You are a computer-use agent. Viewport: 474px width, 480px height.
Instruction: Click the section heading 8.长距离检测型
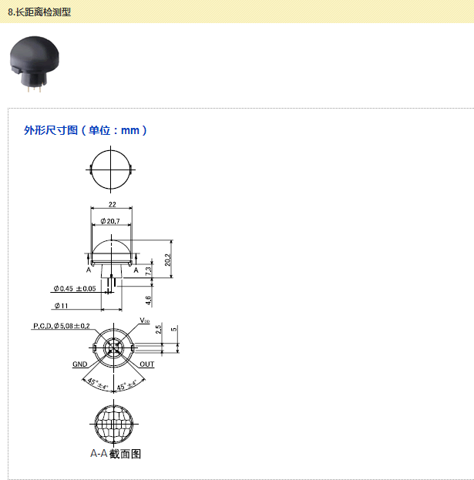pos(39,12)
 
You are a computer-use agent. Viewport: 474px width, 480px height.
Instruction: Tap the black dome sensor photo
pos(34,64)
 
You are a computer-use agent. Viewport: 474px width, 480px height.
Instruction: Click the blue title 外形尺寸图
pos(51,130)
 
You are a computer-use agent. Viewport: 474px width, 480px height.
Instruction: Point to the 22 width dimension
pos(113,204)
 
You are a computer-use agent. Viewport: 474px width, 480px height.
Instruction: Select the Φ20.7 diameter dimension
pos(110,221)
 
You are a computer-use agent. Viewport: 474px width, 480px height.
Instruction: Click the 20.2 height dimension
pos(167,260)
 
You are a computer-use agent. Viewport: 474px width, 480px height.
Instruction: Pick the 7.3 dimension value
pos(148,271)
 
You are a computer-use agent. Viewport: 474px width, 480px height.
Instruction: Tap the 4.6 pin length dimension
pos(148,300)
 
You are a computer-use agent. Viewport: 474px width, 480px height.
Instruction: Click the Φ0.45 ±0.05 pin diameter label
pos(75,288)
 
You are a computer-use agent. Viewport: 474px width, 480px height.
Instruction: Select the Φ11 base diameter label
pos(61,306)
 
